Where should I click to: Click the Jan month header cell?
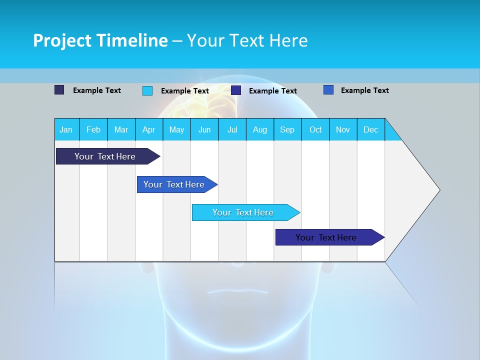[x=66, y=129]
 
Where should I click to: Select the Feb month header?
[x=93, y=129]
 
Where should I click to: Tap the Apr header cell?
[x=149, y=129]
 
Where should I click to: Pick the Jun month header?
[x=204, y=129]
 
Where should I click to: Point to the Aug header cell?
[x=260, y=129]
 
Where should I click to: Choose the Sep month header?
[x=287, y=129]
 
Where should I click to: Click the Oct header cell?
[x=315, y=129]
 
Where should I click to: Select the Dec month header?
[x=371, y=129]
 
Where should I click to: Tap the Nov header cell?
[x=343, y=129]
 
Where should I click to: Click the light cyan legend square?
[x=147, y=90]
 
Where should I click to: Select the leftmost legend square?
[x=59, y=90]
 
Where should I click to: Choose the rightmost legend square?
[x=328, y=90]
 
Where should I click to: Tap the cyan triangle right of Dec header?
[x=391, y=133]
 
